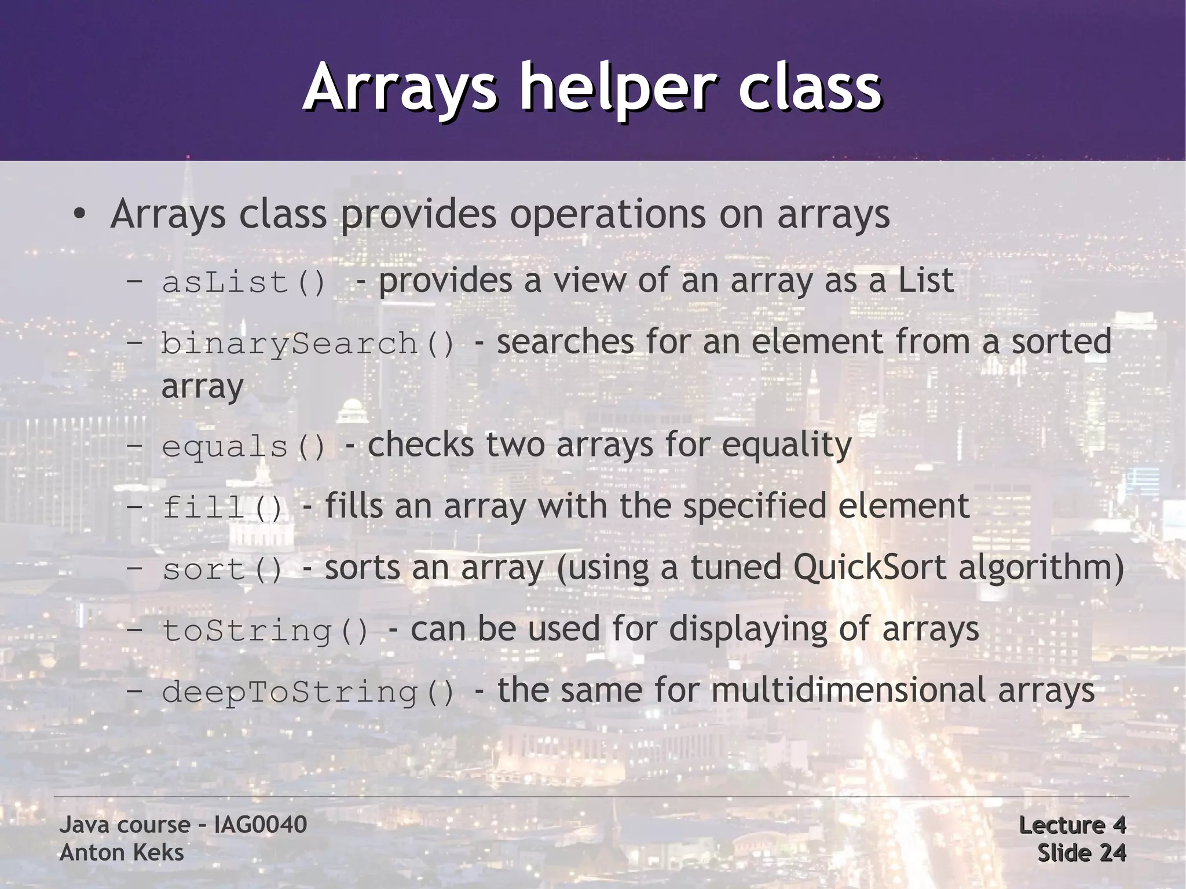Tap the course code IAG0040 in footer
point(260,825)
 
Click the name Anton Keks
point(122,853)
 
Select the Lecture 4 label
point(1072,825)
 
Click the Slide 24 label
point(1081,853)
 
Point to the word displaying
point(748,630)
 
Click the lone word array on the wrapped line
point(202,387)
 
